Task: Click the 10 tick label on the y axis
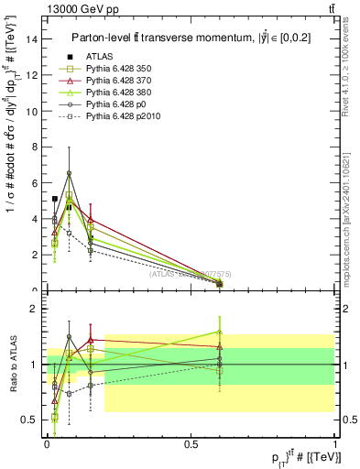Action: click(x=33, y=112)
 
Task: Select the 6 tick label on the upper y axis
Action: click(x=36, y=183)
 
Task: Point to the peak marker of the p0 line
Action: click(x=69, y=173)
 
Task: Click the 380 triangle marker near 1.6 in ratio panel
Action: click(x=219, y=332)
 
